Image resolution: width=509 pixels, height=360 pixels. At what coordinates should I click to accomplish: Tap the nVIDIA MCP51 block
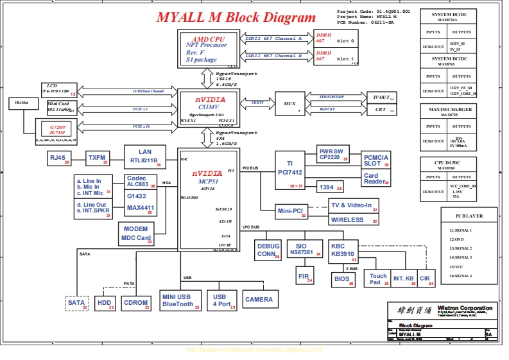click(209, 198)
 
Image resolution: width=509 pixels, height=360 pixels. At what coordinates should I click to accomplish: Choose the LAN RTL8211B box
click(144, 156)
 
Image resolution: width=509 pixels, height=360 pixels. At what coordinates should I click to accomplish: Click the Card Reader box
click(375, 178)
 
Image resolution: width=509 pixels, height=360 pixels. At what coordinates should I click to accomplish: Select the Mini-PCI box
click(292, 211)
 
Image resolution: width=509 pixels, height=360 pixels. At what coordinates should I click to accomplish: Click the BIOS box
click(343, 280)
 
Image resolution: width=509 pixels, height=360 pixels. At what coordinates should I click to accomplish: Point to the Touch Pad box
click(377, 279)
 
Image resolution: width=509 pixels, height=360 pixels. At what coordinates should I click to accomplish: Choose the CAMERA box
click(259, 299)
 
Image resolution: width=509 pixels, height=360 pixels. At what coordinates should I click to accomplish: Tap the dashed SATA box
click(77, 302)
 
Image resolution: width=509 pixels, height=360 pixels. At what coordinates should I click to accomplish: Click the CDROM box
click(136, 302)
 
